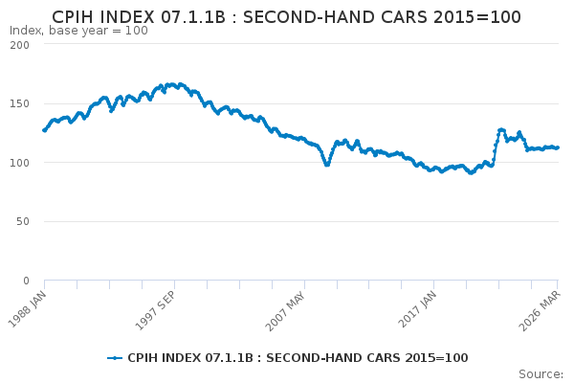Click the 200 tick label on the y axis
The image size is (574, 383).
(x=19, y=45)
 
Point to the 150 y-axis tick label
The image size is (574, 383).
(x=19, y=103)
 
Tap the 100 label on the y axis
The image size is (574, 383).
(x=19, y=163)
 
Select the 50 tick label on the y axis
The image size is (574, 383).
(x=23, y=221)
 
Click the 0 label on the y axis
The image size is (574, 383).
(x=26, y=281)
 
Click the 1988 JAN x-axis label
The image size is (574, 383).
(x=28, y=308)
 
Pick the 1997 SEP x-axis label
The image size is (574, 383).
(x=156, y=310)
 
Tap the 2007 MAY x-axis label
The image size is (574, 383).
(x=285, y=311)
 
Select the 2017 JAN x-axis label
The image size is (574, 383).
(x=417, y=309)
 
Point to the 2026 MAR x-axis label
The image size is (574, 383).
(x=540, y=310)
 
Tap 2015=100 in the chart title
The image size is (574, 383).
(x=477, y=17)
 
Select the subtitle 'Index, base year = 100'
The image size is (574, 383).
(x=78, y=31)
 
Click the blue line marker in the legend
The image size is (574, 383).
(x=115, y=358)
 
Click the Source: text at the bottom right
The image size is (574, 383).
(x=541, y=374)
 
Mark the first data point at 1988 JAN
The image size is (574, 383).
(x=44, y=130)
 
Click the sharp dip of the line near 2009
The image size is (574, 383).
(x=327, y=165)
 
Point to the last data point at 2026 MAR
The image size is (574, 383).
(x=558, y=147)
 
